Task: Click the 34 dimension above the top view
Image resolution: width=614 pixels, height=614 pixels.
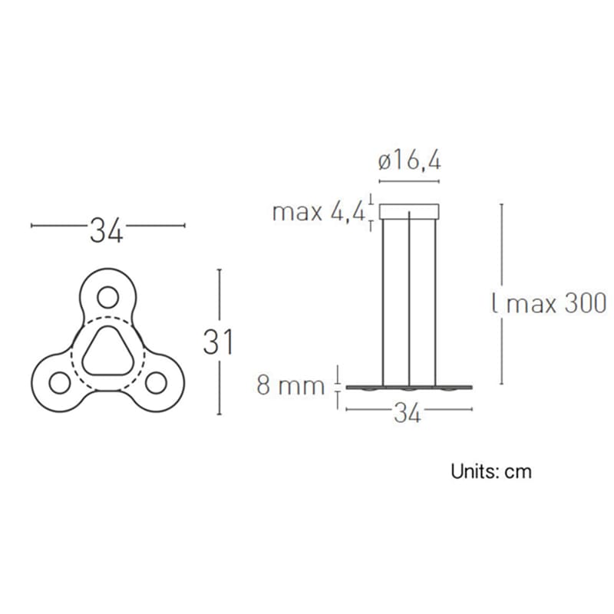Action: [107, 229]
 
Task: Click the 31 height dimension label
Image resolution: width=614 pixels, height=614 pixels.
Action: [218, 342]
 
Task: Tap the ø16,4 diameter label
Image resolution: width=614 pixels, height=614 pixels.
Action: [410, 161]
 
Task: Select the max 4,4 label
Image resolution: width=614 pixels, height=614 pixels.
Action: [319, 212]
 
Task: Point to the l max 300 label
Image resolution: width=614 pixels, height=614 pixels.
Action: [549, 302]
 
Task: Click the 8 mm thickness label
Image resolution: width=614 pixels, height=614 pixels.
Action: [291, 385]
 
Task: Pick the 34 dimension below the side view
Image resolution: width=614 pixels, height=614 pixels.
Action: [408, 414]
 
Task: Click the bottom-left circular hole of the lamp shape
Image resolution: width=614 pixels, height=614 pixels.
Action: [58, 381]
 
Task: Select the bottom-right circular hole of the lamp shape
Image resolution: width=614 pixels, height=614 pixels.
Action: [157, 381]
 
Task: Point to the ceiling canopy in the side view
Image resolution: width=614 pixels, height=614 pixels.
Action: [410, 211]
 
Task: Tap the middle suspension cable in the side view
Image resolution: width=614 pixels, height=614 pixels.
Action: [410, 299]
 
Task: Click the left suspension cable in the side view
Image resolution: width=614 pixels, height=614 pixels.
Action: [384, 299]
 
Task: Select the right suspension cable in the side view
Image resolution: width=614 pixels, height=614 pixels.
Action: [435, 299]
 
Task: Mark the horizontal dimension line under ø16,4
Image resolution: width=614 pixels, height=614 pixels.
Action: [410, 182]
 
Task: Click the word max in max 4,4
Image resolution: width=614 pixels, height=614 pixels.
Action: [298, 212]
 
